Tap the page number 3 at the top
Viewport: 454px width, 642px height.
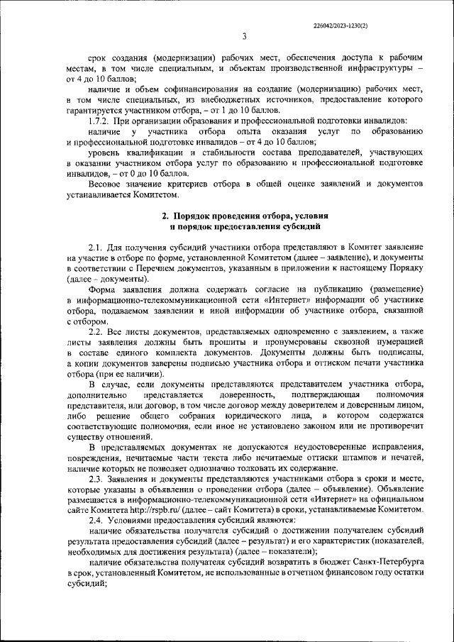tap(243, 37)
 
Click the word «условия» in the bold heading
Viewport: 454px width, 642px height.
tap(313, 215)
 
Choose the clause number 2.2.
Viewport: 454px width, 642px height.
tap(99, 332)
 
